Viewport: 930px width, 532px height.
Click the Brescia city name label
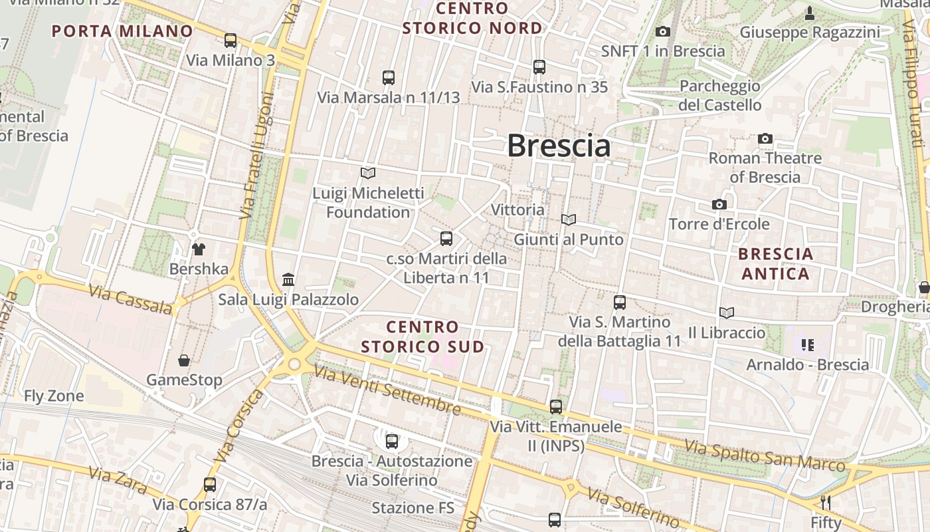(x=559, y=146)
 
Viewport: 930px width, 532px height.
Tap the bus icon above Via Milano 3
(x=231, y=41)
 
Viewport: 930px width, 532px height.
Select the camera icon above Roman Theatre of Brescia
(x=765, y=139)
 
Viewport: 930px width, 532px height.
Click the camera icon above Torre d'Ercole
(x=719, y=204)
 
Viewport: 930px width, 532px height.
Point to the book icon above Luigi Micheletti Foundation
(x=368, y=173)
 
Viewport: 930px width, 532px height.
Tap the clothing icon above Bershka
(x=199, y=249)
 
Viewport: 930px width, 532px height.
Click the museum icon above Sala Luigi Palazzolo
(x=288, y=279)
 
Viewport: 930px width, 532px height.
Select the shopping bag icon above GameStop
(x=184, y=360)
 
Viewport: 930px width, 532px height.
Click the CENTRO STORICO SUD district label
(x=422, y=336)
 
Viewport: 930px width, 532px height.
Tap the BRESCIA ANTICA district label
(x=776, y=263)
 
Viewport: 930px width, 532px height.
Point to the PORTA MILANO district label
(x=122, y=31)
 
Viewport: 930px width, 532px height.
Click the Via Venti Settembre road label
(x=387, y=390)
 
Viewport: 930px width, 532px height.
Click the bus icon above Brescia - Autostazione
(x=392, y=441)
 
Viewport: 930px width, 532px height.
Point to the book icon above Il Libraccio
(x=727, y=313)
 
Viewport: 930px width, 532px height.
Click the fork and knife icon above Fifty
(x=826, y=502)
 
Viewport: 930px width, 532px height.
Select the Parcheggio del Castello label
(x=719, y=95)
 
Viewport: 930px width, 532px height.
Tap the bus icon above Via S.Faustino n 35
(x=539, y=66)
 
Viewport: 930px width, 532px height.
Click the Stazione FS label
(x=413, y=508)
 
